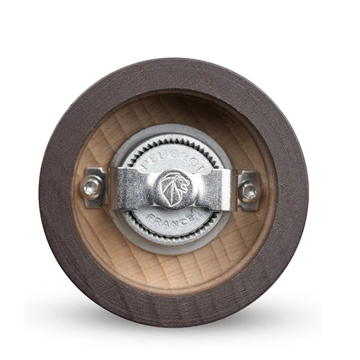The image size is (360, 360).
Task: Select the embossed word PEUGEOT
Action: point(173,161)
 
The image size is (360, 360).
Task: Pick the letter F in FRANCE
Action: point(152,217)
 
